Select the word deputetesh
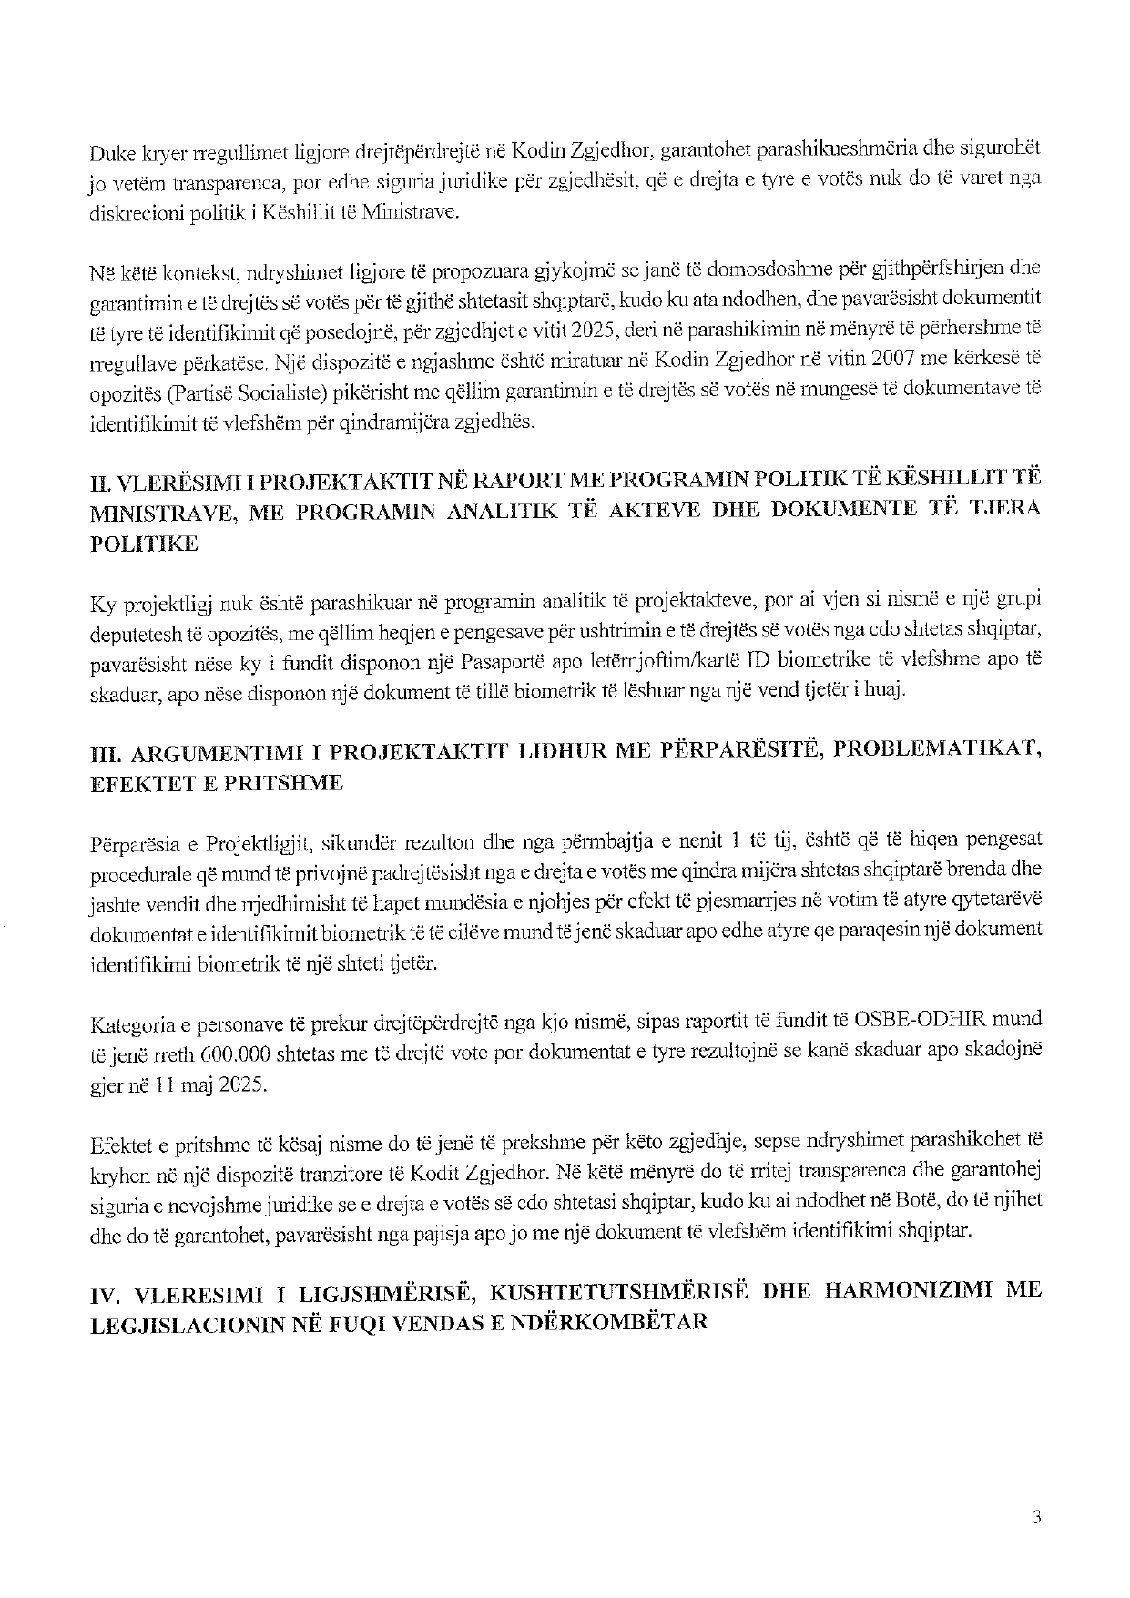(130, 630)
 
